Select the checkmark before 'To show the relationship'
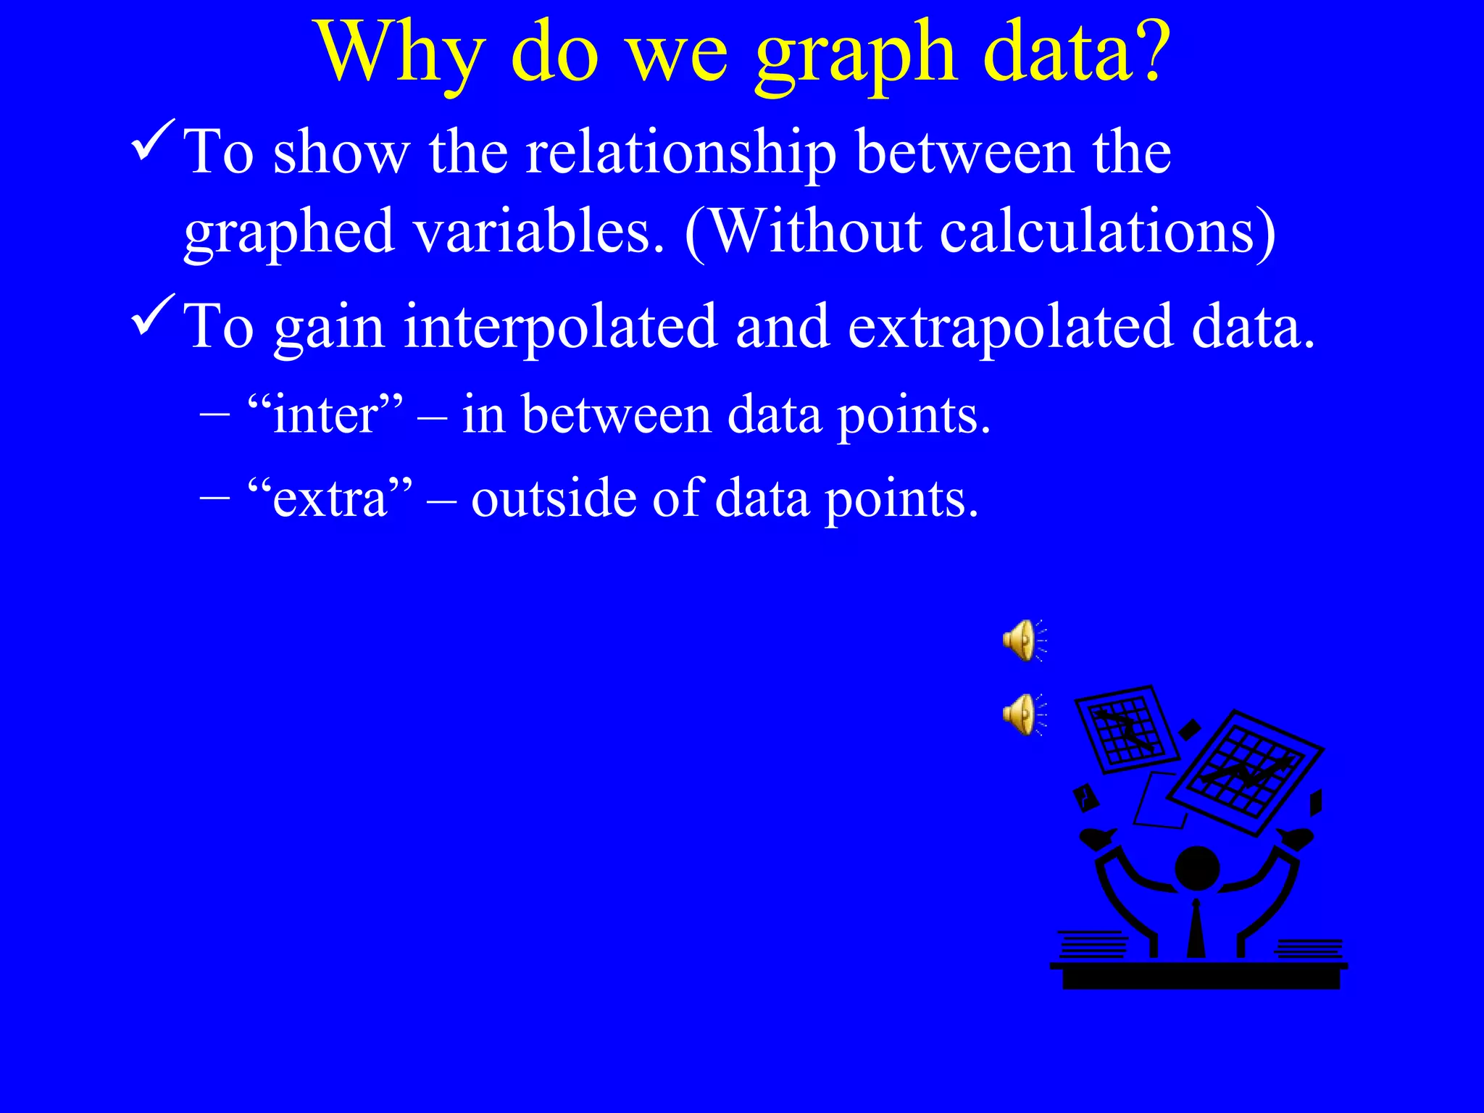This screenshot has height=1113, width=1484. coord(153,141)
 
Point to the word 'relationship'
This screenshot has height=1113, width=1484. coord(680,154)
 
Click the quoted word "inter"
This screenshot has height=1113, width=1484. coord(325,416)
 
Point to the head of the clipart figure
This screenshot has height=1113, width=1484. coord(1196,868)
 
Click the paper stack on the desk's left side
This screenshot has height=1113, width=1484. coord(1092,943)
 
